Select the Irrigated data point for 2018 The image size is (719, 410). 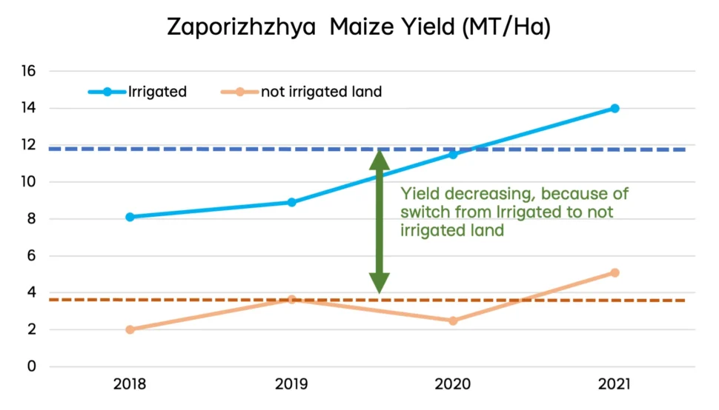click(130, 217)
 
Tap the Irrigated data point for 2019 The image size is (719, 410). click(291, 202)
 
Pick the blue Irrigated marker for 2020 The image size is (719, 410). click(453, 154)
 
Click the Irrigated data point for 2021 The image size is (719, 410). click(614, 108)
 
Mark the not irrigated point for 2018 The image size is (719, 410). click(130, 329)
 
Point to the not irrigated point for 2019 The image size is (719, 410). click(291, 300)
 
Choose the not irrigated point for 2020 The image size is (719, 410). click(453, 320)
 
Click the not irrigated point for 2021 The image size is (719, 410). click(614, 272)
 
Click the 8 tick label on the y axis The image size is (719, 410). click(32, 219)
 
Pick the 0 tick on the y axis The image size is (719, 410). click(32, 366)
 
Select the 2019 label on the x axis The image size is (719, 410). click(291, 384)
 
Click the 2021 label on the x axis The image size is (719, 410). click(614, 384)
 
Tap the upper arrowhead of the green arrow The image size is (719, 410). click(380, 158)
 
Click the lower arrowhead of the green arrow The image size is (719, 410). click(380, 282)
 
